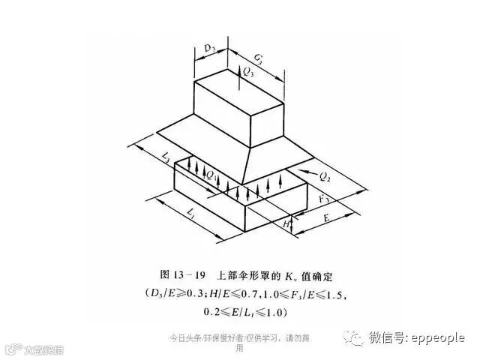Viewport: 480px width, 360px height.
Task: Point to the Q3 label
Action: coord(249,73)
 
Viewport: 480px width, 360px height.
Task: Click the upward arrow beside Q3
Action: coord(239,73)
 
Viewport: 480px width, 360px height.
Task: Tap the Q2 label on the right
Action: coord(325,177)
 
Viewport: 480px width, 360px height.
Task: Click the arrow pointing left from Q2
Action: coord(305,174)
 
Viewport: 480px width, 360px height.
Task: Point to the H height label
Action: coord(285,223)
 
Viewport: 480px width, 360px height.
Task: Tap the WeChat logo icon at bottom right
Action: coord(354,337)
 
